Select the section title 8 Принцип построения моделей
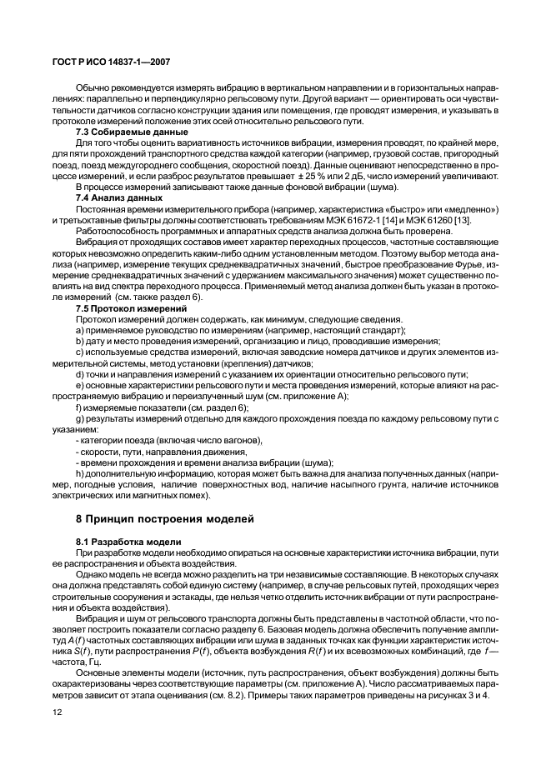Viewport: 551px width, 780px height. click(166, 518)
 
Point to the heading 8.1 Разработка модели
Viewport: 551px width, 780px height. click(123, 542)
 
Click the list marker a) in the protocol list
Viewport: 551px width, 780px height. click(79, 331)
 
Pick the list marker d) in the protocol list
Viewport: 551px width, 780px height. click(79, 374)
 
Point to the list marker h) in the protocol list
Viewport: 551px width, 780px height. click(79, 473)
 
